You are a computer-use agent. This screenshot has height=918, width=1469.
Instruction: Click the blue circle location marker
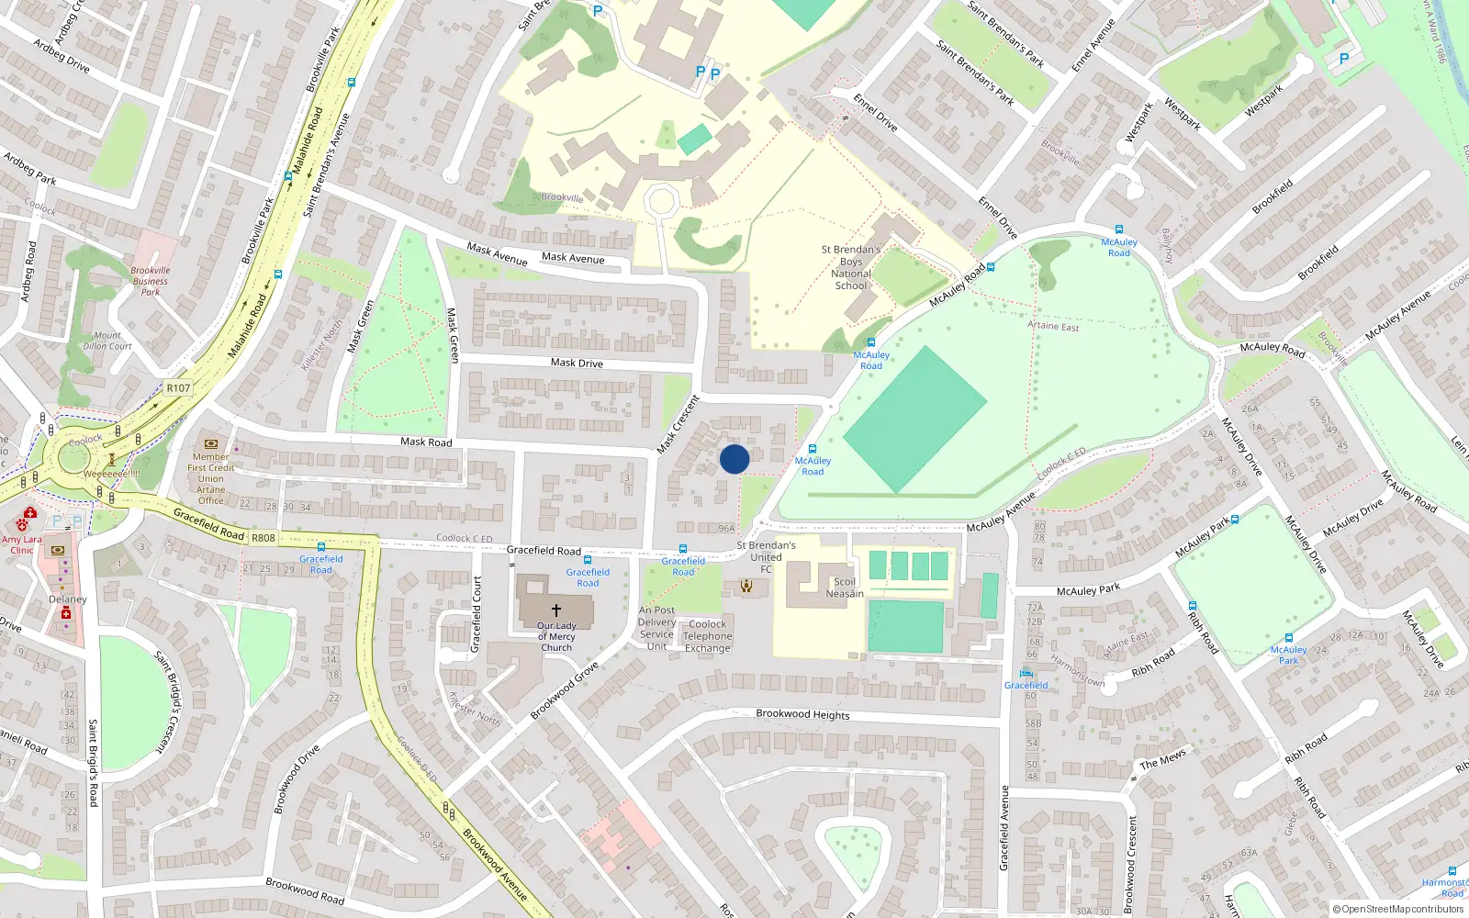[734, 459]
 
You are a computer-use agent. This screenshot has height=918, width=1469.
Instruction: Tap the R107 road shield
[178, 388]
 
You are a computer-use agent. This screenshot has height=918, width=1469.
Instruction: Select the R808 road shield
[264, 538]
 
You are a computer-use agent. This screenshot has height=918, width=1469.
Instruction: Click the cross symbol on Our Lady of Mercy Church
[555, 610]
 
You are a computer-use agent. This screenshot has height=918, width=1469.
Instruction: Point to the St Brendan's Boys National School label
[850, 267]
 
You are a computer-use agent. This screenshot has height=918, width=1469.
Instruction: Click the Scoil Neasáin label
[844, 588]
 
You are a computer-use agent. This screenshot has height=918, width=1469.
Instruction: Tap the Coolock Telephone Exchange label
[707, 636]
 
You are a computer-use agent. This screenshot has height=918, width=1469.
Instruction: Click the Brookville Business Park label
[150, 281]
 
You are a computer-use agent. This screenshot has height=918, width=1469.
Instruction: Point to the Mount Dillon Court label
[107, 341]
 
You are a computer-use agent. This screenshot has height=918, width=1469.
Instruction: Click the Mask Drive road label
[577, 363]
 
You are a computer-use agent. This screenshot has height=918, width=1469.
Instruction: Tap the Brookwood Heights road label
[802, 714]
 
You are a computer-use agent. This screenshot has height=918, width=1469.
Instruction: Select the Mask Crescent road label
[678, 424]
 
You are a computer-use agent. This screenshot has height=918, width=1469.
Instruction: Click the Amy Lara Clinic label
[21, 544]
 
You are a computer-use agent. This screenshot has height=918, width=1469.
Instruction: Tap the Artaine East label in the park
[1053, 326]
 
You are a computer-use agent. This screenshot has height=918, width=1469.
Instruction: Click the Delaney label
[67, 599]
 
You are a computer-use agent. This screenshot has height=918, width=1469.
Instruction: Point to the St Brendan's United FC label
[766, 556]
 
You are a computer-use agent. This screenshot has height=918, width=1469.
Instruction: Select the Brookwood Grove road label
[564, 690]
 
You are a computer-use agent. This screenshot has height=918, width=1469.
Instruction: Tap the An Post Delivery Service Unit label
[656, 628]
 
